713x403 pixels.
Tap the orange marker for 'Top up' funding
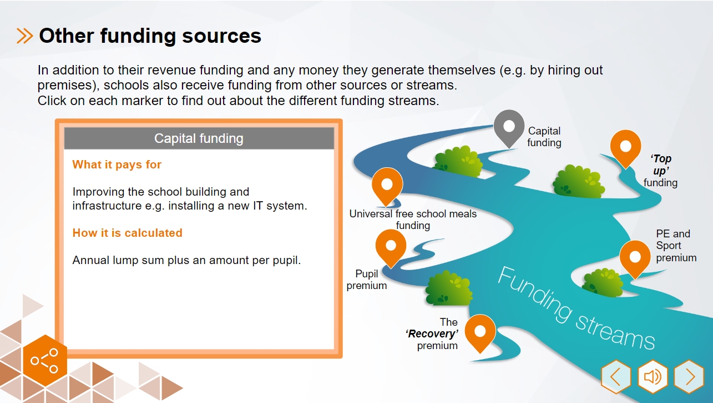point(625,146)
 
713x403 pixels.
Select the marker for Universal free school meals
point(387,185)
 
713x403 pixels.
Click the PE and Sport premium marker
point(635,257)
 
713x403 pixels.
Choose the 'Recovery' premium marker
point(480,331)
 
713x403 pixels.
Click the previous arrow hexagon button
point(616,377)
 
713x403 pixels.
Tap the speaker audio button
point(653,377)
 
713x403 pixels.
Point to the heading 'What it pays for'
point(117,165)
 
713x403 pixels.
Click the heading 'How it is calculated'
point(127,233)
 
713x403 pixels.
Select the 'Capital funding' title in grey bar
point(199,138)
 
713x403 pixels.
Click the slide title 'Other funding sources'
point(150,36)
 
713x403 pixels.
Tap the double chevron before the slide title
point(25,36)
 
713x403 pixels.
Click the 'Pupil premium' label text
point(367,280)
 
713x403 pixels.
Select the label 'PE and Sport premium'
point(676,246)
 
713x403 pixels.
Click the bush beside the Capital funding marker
point(459,161)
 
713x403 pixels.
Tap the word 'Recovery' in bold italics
point(432,334)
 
